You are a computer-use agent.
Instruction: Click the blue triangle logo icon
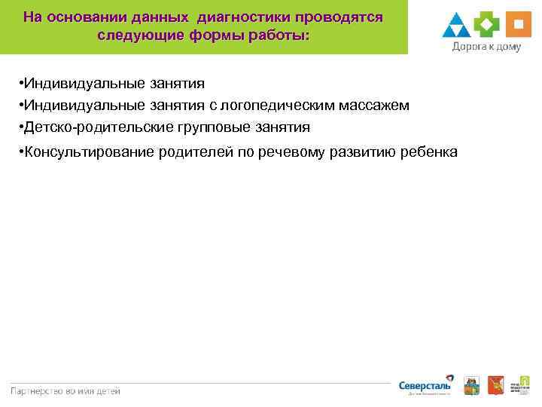(456, 26)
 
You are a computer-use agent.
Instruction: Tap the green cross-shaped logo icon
(487, 25)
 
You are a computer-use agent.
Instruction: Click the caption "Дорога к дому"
(486, 46)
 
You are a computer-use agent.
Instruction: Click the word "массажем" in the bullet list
(374, 106)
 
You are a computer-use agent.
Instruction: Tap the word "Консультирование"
(90, 152)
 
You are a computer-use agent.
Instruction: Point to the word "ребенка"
(427, 152)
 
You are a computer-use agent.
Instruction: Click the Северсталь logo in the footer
(425, 385)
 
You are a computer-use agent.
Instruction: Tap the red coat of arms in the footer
(495, 384)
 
